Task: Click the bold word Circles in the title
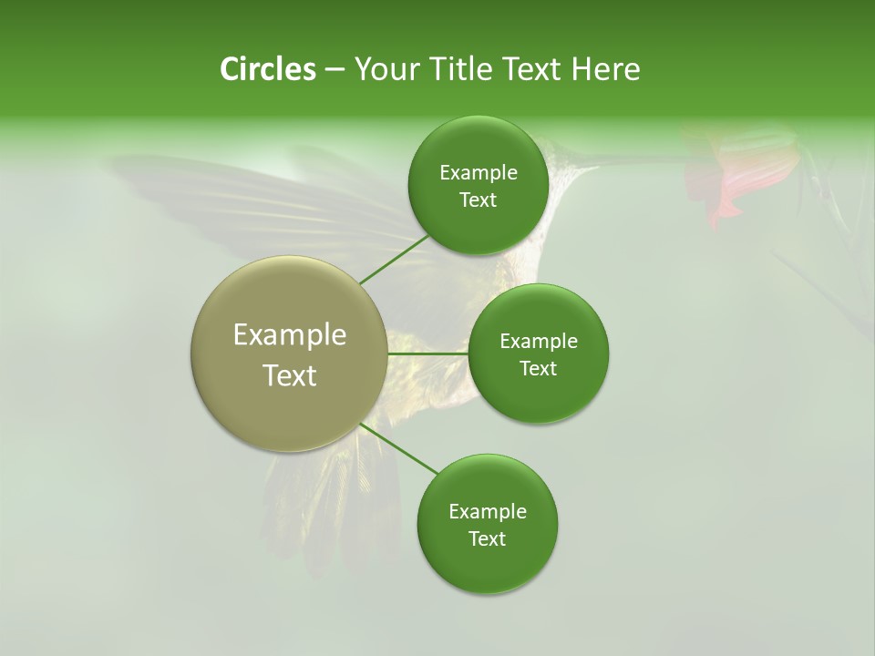(x=268, y=69)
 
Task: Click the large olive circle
(x=289, y=354)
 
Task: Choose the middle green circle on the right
(x=539, y=354)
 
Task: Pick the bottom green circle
(x=487, y=524)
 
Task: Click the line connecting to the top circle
(x=394, y=259)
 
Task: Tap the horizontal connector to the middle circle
(x=427, y=354)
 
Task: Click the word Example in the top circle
(x=478, y=172)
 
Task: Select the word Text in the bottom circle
(x=487, y=538)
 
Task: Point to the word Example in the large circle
(x=289, y=334)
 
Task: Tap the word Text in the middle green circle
(x=539, y=368)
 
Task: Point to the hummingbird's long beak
(x=629, y=160)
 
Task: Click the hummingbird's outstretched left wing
(x=228, y=196)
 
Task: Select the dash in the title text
(x=335, y=69)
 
